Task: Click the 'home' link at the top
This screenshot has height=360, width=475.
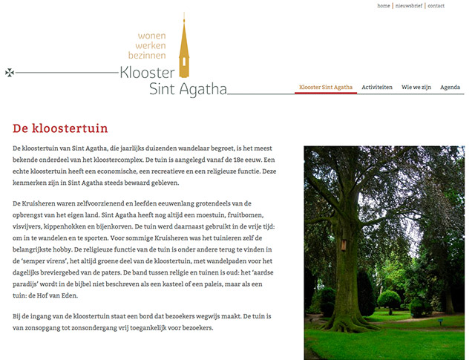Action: pyautogui.click(x=384, y=6)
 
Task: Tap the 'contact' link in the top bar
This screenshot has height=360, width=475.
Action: pyautogui.click(x=436, y=6)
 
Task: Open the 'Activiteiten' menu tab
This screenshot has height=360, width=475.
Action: pyautogui.click(x=377, y=88)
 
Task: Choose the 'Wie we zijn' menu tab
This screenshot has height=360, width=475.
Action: pyautogui.click(x=416, y=88)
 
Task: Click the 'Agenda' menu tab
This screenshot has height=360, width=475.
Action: pyautogui.click(x=450, y=88)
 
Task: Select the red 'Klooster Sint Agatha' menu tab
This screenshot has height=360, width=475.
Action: pyautogui.click(x=325, y=88)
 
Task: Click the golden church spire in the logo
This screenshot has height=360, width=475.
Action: pyautogui.click(x=184, y=48)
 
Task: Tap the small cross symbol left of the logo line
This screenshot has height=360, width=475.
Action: pyautogui.click(x=9, y=73)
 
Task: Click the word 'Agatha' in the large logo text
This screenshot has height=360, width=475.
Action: pyautogui.click(x=200, y=91)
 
